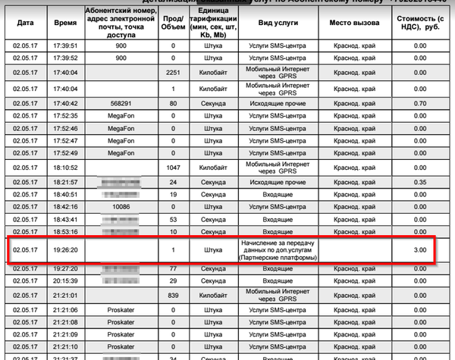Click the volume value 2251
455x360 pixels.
click(174, 73)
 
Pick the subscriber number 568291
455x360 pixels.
click(121, 103)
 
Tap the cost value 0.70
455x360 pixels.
click(419, 103)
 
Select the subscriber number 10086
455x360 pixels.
click(121, 206)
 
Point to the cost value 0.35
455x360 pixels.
click(419, 183)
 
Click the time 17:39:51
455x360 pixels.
click(66, 45)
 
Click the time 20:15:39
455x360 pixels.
click(66, 280)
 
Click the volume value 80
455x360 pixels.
click(174, 103)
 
